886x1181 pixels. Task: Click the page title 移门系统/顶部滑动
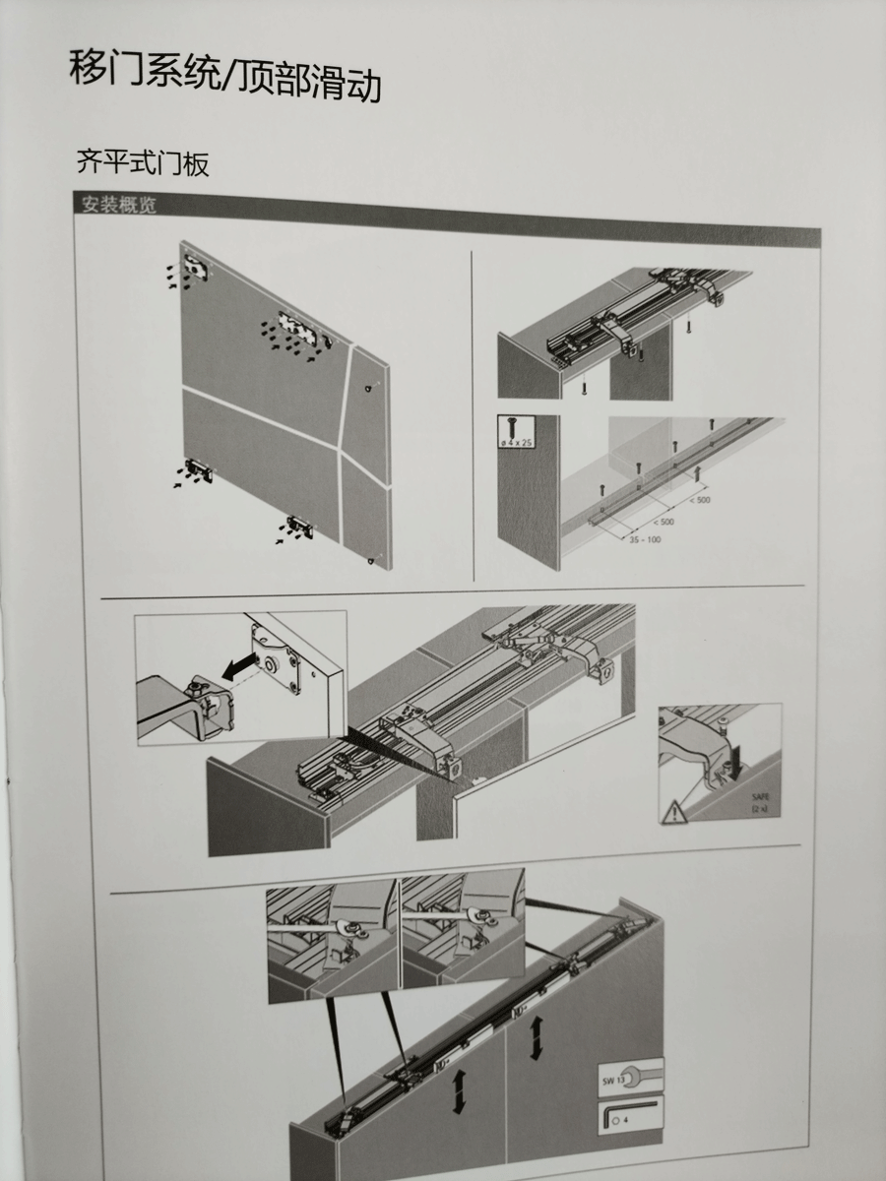coord(224,77)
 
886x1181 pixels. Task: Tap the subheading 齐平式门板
coord(143,163)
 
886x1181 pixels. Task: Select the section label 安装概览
coord(119,205)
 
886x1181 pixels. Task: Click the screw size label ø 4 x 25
coord(516,443)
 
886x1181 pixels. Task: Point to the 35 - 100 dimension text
coord(645,539)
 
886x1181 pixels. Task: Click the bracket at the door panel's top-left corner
coord(195,267)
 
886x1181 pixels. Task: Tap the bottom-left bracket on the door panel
coord(198,470)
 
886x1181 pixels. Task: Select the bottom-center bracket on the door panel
coord(300,526)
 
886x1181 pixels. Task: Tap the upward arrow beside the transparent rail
coord(698,474)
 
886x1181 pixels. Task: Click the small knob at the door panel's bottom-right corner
coord(371,561)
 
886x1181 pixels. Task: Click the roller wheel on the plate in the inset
coord(268,664)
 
